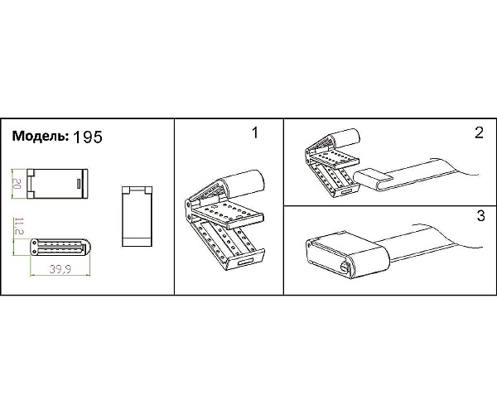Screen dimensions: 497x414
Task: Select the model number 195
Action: [x=88, y=137]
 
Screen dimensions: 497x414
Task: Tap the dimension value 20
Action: [x=17, y=184]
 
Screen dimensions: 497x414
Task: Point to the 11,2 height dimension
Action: [x=19, y=226]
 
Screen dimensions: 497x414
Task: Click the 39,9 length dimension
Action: [x=60, y=269]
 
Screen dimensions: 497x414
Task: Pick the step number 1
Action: [x=255, y=132]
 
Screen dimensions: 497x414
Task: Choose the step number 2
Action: [x=480, y=132]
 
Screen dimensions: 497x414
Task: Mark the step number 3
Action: [x=480, y=216]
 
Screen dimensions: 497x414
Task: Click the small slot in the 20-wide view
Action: [x=79, y=184]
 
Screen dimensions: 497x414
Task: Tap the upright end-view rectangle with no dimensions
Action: [x=137, y=216]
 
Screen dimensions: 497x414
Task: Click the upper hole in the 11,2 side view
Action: [x=34, y=243]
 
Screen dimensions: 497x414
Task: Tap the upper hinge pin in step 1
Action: [x=188, y=204]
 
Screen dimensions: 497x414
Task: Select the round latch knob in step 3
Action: [x=345, y=267]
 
